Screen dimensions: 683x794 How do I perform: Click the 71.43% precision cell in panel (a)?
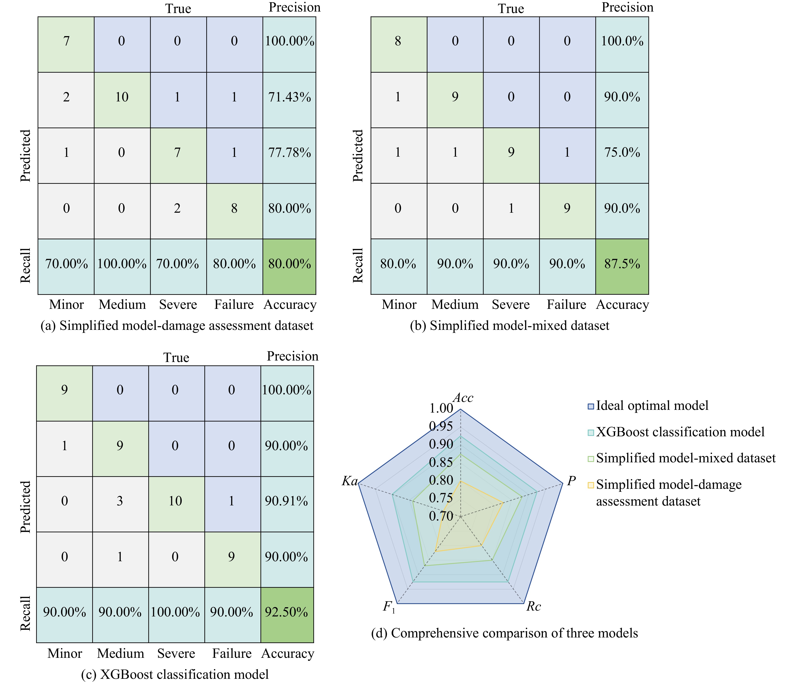click(x=289, y=97)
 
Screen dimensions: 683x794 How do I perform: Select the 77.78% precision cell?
click(x=289, y=152)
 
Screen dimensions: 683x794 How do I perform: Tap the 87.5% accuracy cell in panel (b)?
click(x=622, y=264)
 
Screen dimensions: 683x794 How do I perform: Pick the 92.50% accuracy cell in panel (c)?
click(x=287, y=612)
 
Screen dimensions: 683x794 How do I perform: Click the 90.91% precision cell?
click(x=287, y=501)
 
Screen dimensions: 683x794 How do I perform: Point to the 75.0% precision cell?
click(x=622, y=152)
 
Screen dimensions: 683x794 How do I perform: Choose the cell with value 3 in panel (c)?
click(x=120, y=501)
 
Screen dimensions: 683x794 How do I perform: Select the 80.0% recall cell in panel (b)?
click(x=398, y=264)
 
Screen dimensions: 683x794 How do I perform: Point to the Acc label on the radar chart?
click(x=463, y=398)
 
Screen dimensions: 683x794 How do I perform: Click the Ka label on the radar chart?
click(x=350, y=481)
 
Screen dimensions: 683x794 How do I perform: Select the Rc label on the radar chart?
click(x=533, y=606)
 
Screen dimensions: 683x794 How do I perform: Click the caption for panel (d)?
click(x=504, y=633)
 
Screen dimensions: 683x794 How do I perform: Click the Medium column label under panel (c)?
click(x=120, y=654)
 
